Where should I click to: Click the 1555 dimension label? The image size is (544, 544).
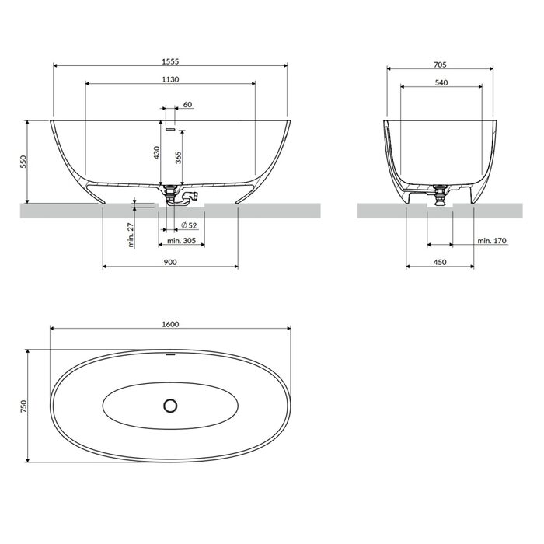click(170, 61)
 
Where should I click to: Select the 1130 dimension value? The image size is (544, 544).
click(170, 79)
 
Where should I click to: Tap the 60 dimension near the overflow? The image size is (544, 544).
click(187, 104)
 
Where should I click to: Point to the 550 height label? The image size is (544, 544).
click(23, 162)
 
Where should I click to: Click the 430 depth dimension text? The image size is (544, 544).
click(156, 152)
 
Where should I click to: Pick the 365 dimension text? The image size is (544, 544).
click(178, 158)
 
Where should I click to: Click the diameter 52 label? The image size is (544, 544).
click(189, 225)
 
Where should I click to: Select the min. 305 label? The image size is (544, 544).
click(181, 240)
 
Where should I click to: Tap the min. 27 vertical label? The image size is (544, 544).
click(131, 235)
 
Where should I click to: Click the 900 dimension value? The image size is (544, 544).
click(170, 262)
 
